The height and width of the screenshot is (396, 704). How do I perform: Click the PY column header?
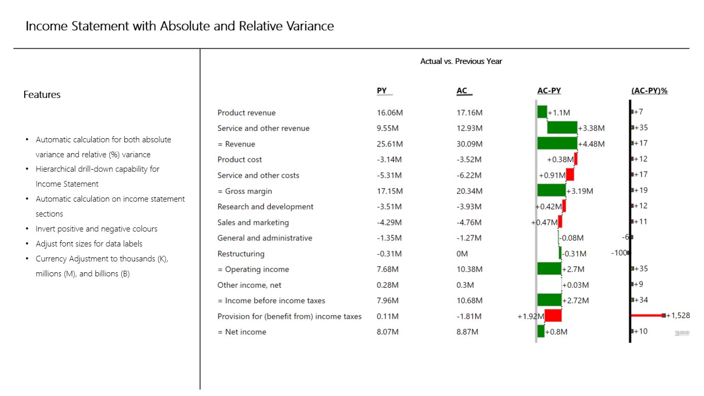pyautogui.click(x=381, y=91)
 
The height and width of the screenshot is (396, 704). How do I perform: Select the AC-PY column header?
pyautogui.click(x=549, y=91)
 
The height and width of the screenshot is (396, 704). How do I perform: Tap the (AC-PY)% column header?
pyautogui.click(x=649, y=91)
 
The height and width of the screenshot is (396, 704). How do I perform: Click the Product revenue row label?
pyautogui.click(x=246, y=113)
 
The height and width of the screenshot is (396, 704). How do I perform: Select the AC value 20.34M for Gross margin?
pyautogui.click(x=470, y=191)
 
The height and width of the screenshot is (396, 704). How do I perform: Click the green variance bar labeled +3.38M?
pyautogui.click(x=562, y=128)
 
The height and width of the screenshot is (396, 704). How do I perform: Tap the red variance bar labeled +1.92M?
pyautogui.click(x=553, y=316)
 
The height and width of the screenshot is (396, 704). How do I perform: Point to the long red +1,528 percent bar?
pyautogui.click(x=648, y=315)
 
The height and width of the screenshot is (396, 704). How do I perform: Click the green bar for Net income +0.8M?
pyautogui.click(x=541, y=332)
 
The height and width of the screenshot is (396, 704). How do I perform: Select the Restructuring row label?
pyautogui.click(x=241, y=254)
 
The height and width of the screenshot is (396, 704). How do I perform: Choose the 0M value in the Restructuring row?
pyautogui.click(x=462, y=254)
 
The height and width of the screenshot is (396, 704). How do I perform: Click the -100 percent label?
pyautogui.click(x=619, y=253)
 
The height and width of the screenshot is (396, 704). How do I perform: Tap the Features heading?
pyautogui.click(x=42, y=95)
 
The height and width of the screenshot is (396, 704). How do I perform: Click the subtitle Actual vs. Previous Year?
pyautogui.click(x=461, y=61)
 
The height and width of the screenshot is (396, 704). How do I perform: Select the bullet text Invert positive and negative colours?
pyautogui.click(x=96, y=229)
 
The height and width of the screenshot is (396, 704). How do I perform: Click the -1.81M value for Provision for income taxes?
pyautogui.click(x=469, y=316)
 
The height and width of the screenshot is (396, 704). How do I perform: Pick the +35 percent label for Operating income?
pyautogui.click(x=641, y=269)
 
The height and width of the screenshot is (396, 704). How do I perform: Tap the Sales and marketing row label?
pyautogui.click(x=253, y=223)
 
